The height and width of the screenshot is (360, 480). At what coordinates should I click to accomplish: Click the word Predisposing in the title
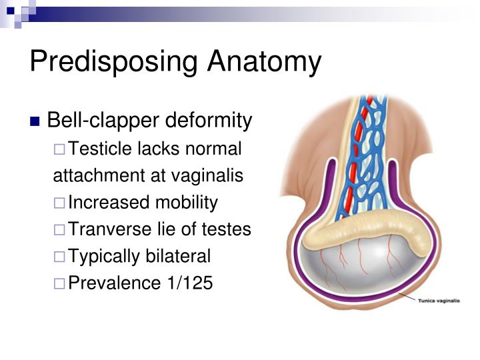coord(113,62)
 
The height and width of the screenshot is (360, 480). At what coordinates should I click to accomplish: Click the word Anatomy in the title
coord(264,62)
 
